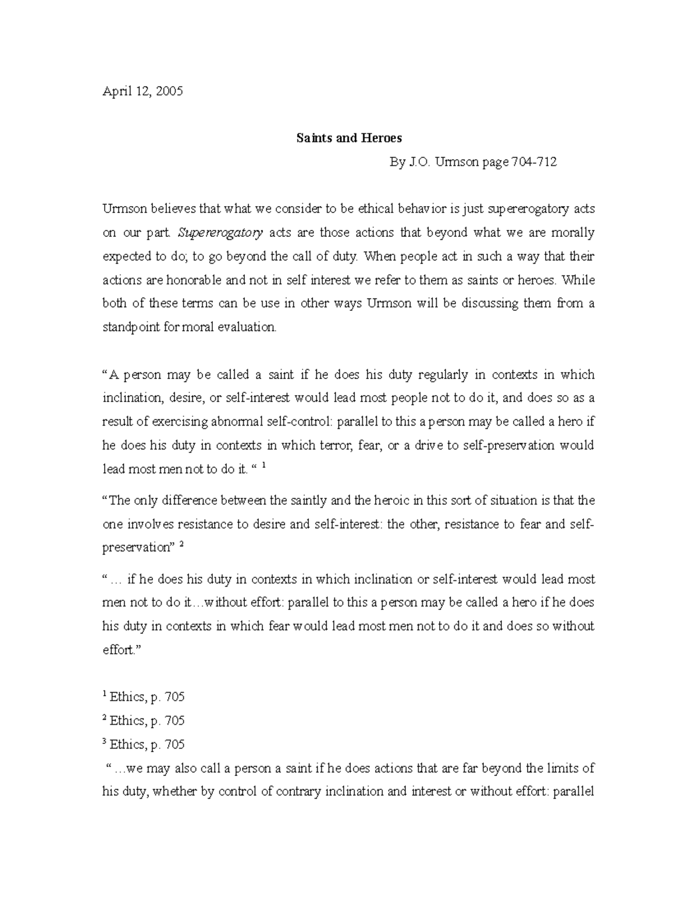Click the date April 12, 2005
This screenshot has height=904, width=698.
(x=143, y=91)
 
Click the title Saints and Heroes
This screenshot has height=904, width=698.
(x=349, y=139)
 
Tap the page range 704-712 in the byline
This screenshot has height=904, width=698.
(x=533, y=162)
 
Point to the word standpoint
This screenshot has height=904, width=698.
(x=131, y=327)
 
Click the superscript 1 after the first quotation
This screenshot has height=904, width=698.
(x=264, y=466)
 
